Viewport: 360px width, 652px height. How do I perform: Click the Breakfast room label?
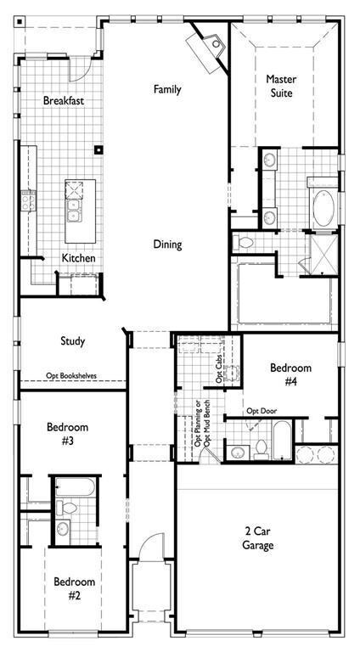click(64, 101)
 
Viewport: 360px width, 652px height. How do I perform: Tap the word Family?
click(168, 89)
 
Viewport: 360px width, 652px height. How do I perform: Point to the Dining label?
click(167, 244)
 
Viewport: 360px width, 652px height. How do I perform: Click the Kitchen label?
click(78, 258)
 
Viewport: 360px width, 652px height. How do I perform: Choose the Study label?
click(72, 341)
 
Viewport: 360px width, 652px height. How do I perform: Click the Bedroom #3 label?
click(67, 435)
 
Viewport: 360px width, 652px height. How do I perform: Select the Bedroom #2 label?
click(74, 588)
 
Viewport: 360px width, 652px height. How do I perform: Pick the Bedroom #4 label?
click(290, 374)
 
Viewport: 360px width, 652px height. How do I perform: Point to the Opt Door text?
click(262, 411)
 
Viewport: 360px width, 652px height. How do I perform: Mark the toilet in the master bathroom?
click(245, 243)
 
